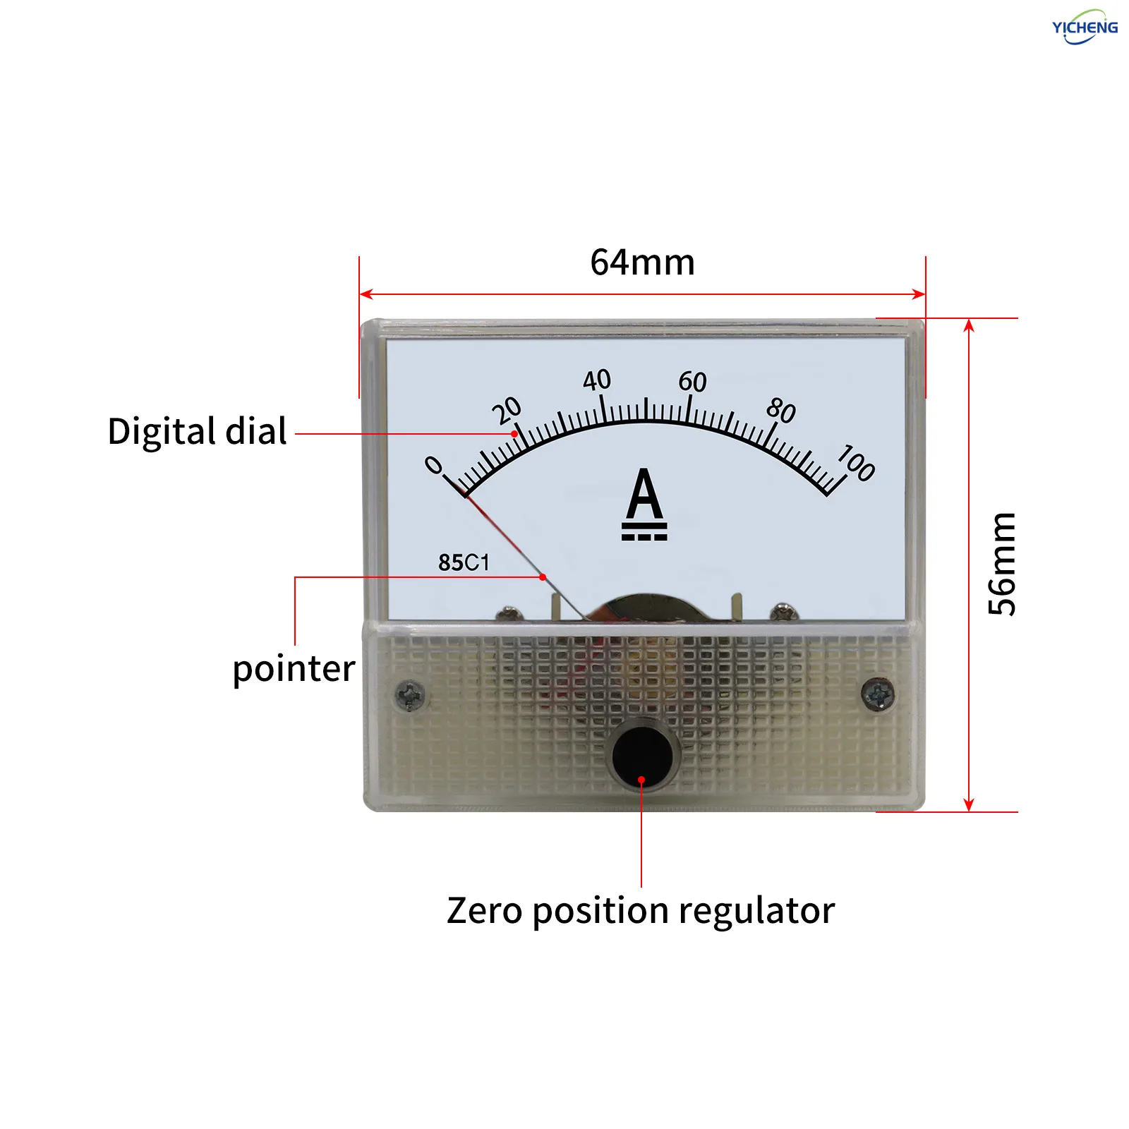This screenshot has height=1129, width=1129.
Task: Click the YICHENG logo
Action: point(1085,27)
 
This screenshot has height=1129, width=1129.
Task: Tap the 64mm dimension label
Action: point(642,262)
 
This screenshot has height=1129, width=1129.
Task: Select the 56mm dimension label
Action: point(1002,564)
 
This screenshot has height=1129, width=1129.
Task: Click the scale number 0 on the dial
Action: point(433,465)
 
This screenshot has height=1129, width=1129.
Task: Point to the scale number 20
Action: point(507,411)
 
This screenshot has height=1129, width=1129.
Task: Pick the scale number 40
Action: point(597,380)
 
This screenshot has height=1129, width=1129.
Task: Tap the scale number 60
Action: point(692,382)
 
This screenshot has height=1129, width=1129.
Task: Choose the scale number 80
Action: point(781,410)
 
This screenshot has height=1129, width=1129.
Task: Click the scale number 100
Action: point(857,463)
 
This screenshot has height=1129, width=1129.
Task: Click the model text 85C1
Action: point(464,562)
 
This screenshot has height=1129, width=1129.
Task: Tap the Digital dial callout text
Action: point(198,431)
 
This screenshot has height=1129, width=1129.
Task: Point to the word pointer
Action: point(294,669)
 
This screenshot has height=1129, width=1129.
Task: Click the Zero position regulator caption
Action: point(641,911)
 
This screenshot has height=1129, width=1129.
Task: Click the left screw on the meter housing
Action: point(410,695)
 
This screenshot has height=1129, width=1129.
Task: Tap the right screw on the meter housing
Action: point(879,694)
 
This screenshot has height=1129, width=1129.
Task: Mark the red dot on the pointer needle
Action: point(543,577)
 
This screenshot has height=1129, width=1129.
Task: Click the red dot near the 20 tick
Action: point(514,434)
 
